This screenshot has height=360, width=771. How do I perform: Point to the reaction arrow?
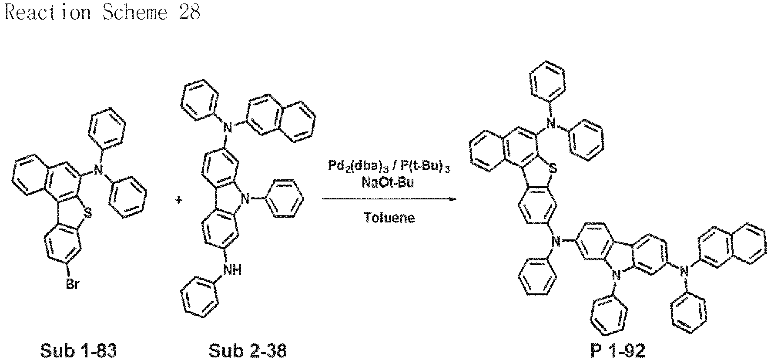tap(389, 199)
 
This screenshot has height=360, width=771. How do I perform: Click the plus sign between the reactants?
tap(178, 200)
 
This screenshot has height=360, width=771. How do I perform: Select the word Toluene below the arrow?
tap(389, 217)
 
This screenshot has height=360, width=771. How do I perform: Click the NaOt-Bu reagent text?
tap(388, 183)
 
